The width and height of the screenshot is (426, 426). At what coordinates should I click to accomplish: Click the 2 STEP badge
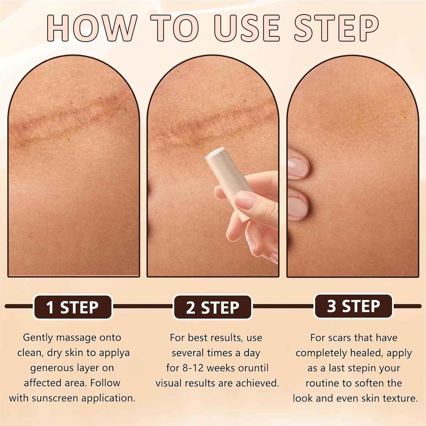tap(212, 307)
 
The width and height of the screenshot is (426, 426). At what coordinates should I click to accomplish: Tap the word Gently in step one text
tap(38, 338)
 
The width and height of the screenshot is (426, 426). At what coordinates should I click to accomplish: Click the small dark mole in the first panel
tap(74, 112)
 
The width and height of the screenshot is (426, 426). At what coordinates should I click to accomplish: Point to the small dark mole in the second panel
tap(248, 111)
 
